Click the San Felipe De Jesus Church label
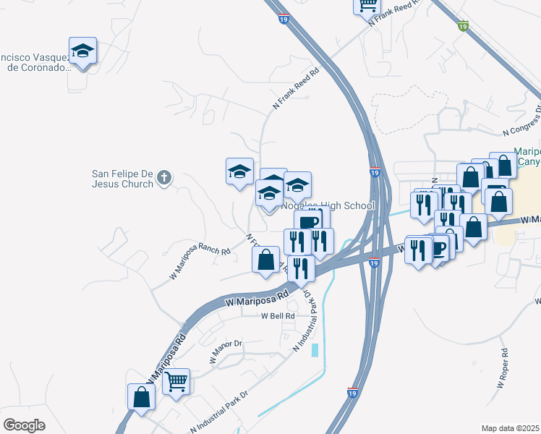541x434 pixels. click(122, 178)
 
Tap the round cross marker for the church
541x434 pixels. click(164, 177)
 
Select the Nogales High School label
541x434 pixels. click(329, 205)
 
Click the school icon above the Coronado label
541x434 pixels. click(83, 51)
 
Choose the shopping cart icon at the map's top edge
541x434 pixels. click(367, 5)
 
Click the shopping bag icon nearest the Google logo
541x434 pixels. click(141, 396)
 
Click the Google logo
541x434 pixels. click(24, 425)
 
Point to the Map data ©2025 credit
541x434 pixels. click(510, 428)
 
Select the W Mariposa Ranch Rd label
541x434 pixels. click(200, 265)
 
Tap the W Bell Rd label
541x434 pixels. click(278, 316)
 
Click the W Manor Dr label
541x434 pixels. click(225, 352)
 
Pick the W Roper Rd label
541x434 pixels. click(504, 364)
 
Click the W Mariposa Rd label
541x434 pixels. click(257, 297)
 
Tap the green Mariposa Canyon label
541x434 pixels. click(527, 156)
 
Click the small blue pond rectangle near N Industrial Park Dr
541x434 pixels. click(315, 351)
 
